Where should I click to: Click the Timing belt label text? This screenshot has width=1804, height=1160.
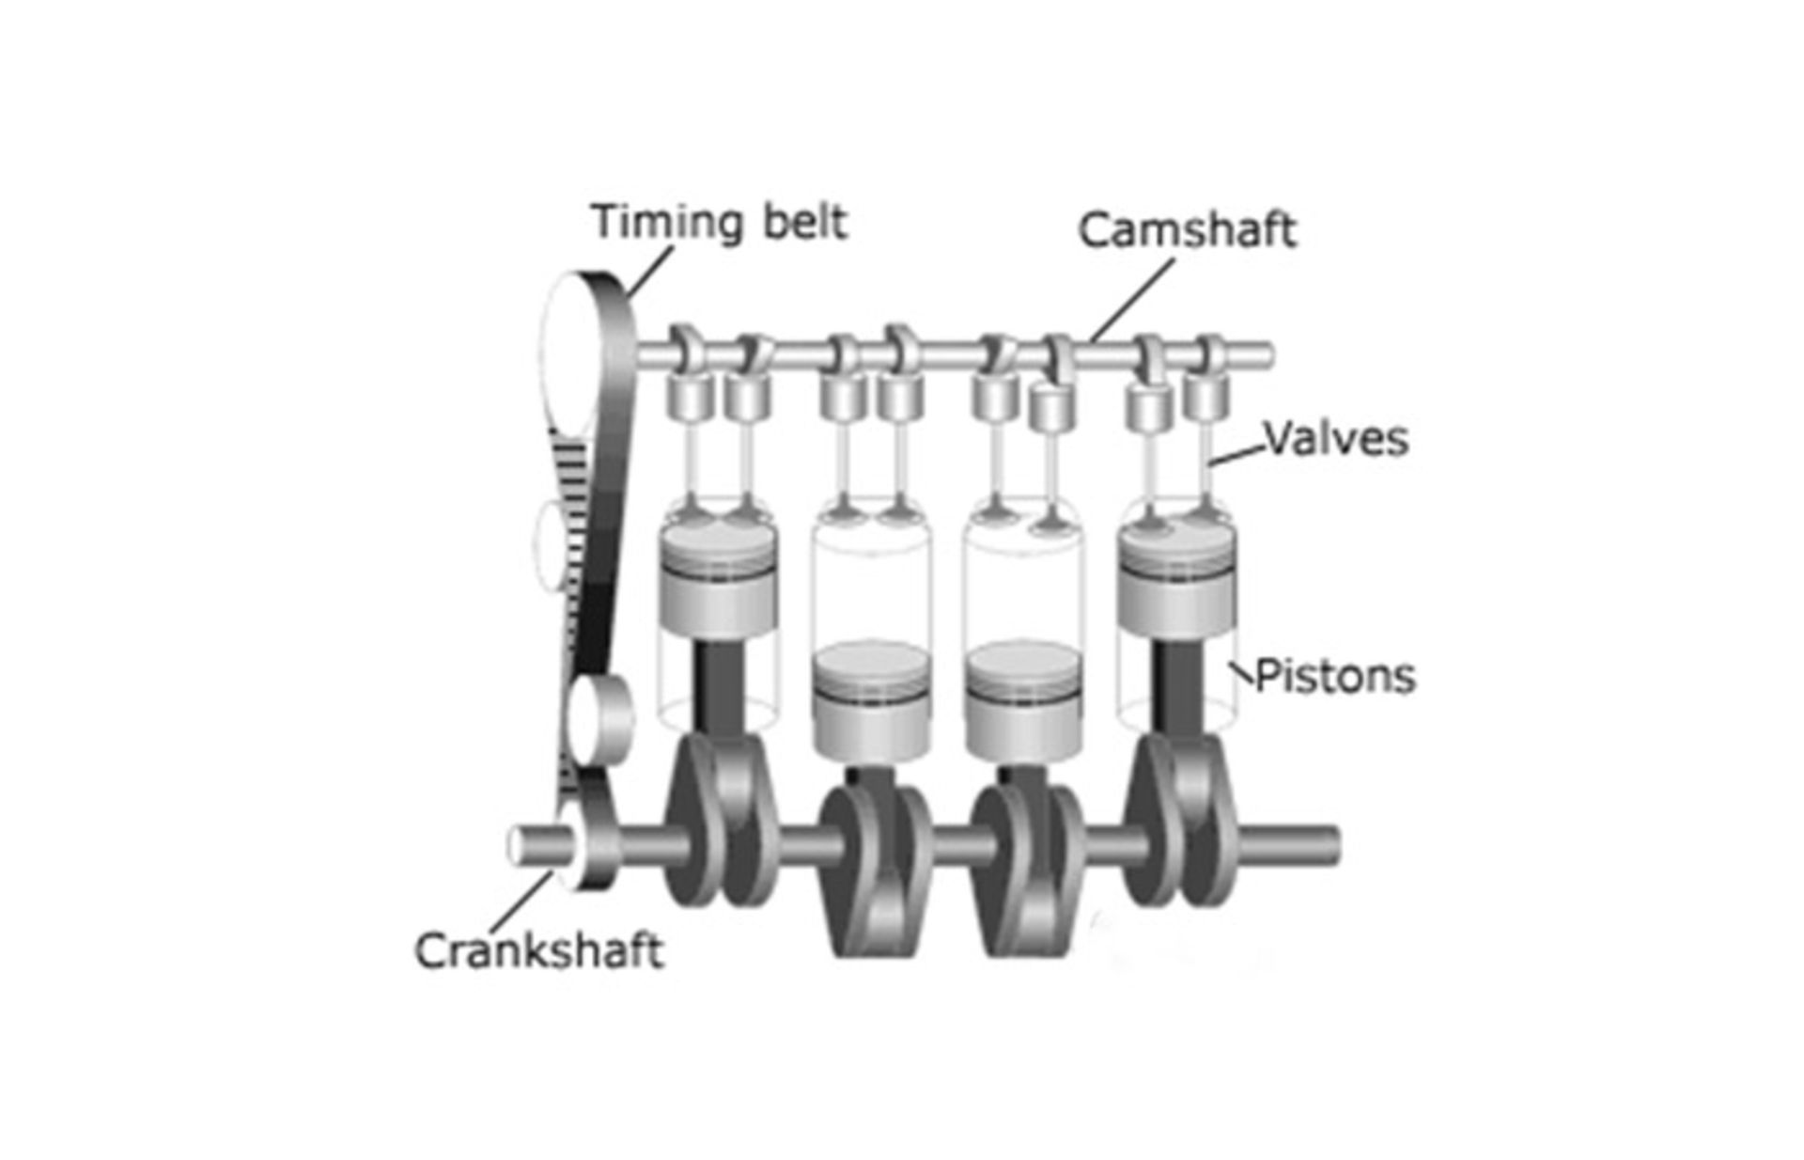point(719,223)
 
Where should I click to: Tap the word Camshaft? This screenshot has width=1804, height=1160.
point(1187,230)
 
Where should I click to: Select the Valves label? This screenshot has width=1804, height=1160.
point(1336,439)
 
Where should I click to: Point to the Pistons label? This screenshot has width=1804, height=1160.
point(1335,676)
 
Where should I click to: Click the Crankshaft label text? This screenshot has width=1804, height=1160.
point(539,950)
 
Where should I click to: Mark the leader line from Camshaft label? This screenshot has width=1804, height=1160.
point(1132,299)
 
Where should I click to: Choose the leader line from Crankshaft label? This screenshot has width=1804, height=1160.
point(521,902)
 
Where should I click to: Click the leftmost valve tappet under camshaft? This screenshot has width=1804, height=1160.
point(691,397)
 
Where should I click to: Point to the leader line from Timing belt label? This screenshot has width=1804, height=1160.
point(650,273)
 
